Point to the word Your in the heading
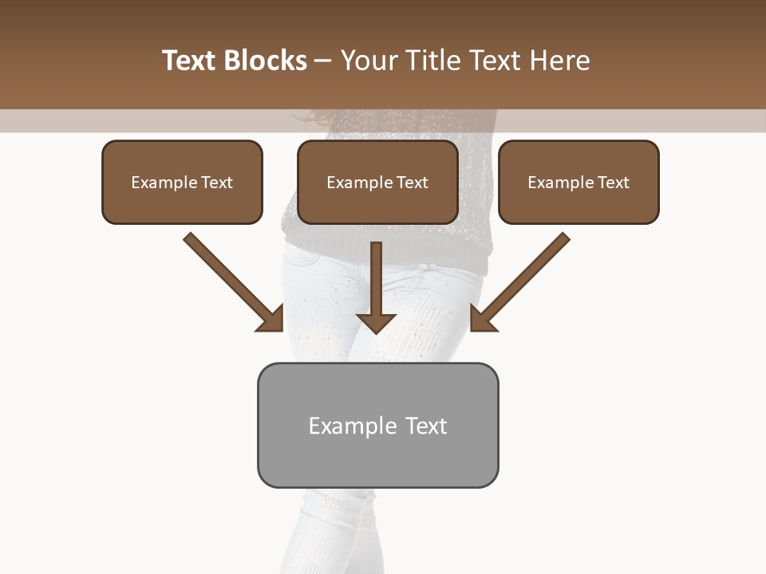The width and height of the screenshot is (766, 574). click(368, 61)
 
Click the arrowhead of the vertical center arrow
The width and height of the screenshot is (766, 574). click(376, 323)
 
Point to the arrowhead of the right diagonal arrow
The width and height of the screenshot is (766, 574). click(482, 320)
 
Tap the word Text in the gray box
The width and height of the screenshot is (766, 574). click(425, 426)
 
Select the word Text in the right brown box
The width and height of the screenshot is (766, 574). click(613, 183)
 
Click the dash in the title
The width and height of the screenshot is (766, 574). click(323, 61)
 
